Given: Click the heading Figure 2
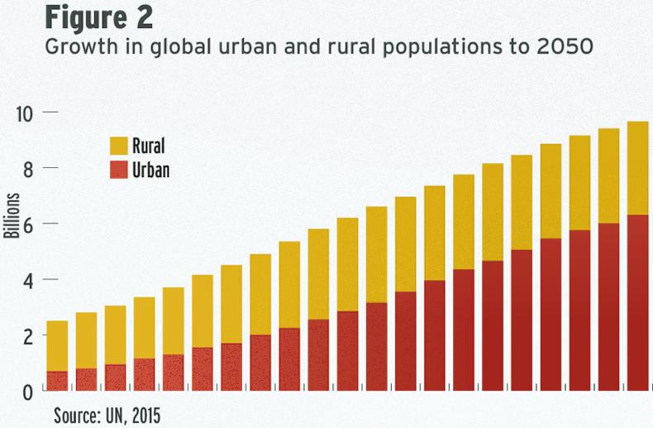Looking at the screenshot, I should coord(98,17).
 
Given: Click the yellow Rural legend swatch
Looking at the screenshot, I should coord(119,147).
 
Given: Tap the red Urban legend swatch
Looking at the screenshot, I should coord(119,170).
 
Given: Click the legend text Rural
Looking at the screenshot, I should coord(149,147).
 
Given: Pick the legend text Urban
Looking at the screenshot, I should coord(151,170).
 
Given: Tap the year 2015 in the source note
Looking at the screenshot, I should coord(143,413).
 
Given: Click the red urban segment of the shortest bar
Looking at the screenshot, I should coord(57,381).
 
